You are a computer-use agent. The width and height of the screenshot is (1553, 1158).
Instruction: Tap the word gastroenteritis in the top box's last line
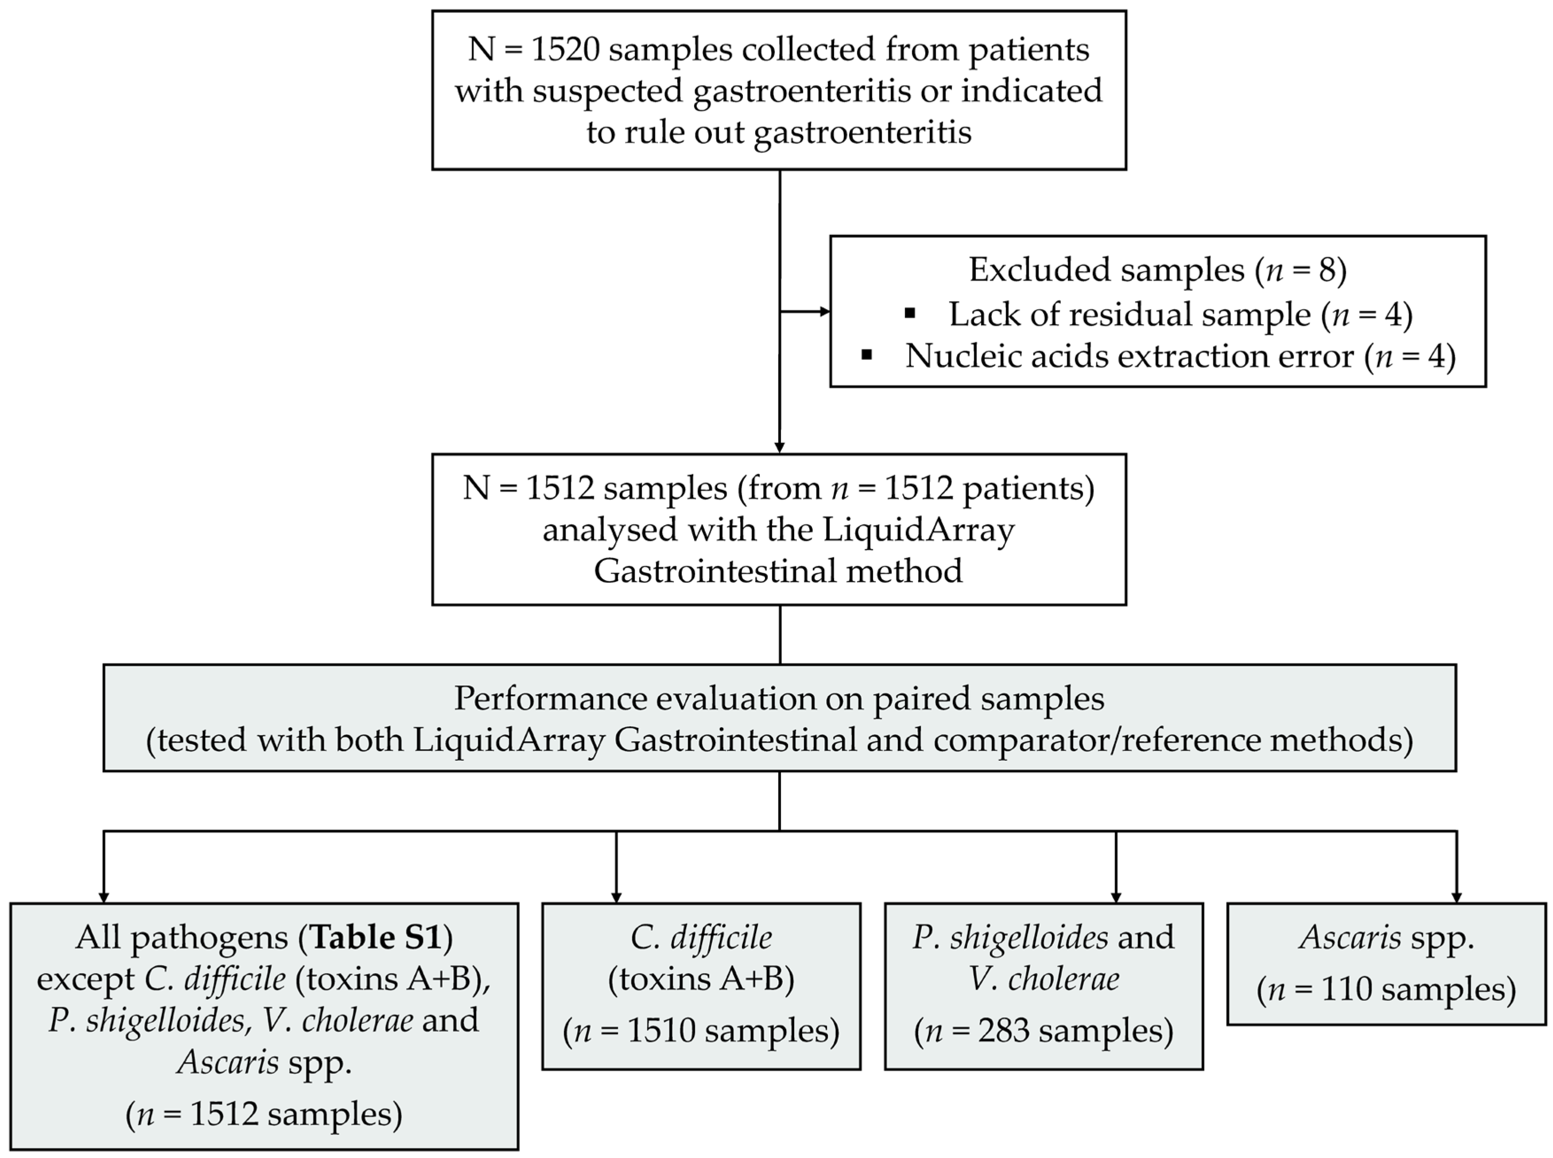(x=862, y=132)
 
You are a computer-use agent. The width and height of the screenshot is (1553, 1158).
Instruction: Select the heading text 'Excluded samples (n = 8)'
(x=1157, y=270)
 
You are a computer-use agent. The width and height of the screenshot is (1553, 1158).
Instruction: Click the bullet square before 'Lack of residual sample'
(x=910, y=314)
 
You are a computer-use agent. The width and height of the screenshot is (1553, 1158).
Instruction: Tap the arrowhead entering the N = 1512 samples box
(x=779, y=447)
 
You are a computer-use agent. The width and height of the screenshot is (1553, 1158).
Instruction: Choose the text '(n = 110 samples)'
(x=1386, y=990)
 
